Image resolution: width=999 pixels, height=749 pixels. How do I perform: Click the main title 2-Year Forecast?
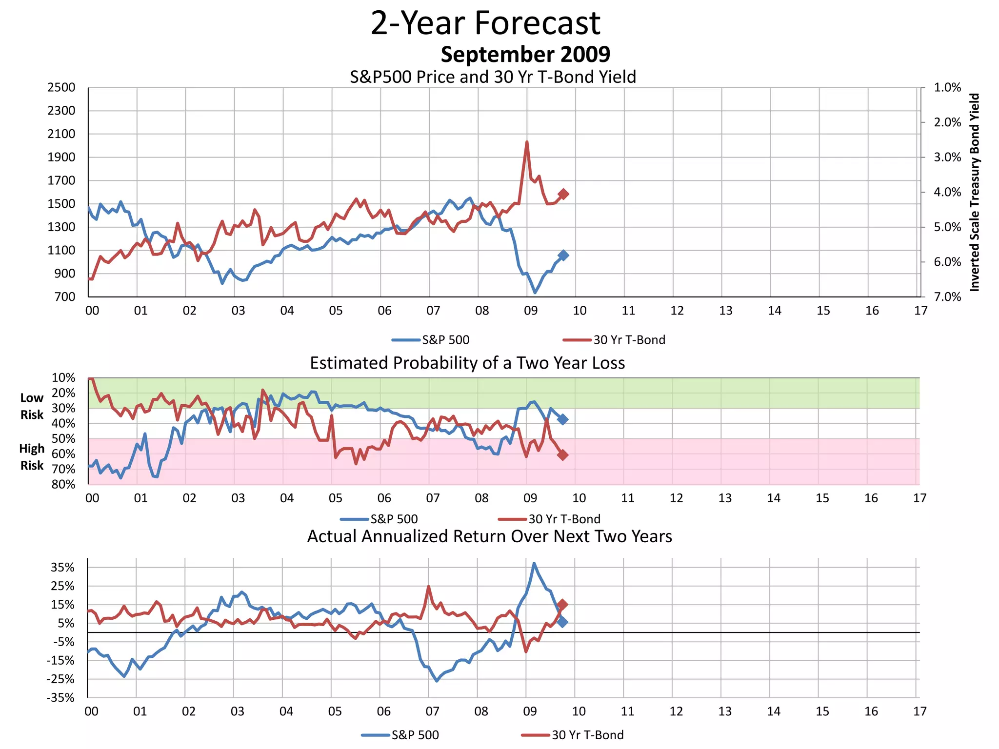[485, 23]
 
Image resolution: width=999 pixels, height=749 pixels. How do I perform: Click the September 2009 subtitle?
[525, 54]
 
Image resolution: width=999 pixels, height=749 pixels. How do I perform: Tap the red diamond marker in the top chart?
[563, 194]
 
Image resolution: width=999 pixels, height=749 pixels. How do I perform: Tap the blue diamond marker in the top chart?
[563, 255]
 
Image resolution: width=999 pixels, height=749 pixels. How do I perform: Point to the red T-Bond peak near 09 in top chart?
[527, 142]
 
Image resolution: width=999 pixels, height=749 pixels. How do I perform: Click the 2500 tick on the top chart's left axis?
[61, 88]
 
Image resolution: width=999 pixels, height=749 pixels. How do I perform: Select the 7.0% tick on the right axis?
[947, 297]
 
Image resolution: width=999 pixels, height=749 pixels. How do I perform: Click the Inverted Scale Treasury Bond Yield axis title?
[975, 192]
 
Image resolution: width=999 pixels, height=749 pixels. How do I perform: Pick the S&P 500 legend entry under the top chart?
[431, 340]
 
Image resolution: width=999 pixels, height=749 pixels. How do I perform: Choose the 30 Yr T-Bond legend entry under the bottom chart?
[573, 735]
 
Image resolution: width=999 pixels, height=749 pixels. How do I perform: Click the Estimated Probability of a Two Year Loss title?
[467, 363]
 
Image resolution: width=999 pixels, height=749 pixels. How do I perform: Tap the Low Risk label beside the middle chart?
[32, 406]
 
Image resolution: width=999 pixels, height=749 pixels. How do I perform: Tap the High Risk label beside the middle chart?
[32, 457]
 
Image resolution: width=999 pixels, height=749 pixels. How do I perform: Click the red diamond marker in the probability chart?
[562, 455]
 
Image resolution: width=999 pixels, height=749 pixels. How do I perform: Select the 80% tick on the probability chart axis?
[64, 484]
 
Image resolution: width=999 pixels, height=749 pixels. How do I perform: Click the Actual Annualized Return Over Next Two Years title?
[489, 536]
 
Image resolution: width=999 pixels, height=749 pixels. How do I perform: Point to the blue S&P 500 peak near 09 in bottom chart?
[534, 564]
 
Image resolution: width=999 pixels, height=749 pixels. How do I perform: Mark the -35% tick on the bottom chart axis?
[61, 698]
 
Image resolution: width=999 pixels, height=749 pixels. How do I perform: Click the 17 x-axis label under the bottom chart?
[919, 711]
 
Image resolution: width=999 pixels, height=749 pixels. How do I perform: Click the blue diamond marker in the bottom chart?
[562, 622]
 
